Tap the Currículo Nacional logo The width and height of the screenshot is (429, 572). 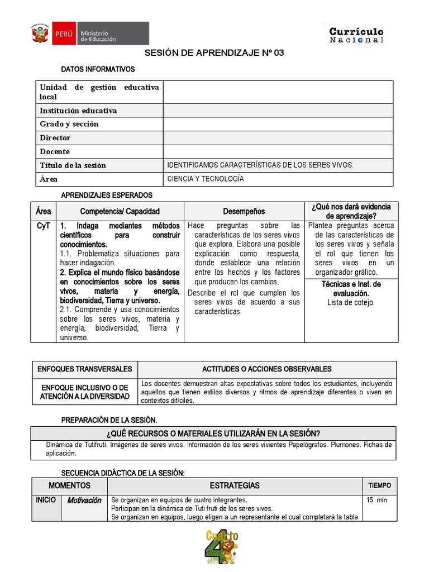point(356,35)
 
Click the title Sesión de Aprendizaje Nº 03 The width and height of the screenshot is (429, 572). point(214,53)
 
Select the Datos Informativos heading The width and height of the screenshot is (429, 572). point(98,69)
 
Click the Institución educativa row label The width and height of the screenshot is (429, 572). point(78,111)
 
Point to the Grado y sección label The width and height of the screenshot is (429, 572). point(69,124)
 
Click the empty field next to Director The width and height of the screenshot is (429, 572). point(278,137)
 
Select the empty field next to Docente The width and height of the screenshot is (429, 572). point(278,151)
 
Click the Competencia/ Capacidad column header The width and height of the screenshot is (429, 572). point(120,211)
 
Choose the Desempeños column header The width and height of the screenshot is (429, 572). point(244,211)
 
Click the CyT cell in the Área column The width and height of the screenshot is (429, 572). point(43,226)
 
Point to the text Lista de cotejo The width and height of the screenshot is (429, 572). point(351,302)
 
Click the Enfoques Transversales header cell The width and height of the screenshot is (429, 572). point(84,369)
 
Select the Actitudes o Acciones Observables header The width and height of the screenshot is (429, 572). point(266,369)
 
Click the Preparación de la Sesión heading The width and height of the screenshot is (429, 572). point(109,420)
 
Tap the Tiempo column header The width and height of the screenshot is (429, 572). point(379,485)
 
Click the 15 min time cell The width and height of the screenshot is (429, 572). point(377,500)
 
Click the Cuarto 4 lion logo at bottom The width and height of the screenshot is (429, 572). point(222,547)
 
